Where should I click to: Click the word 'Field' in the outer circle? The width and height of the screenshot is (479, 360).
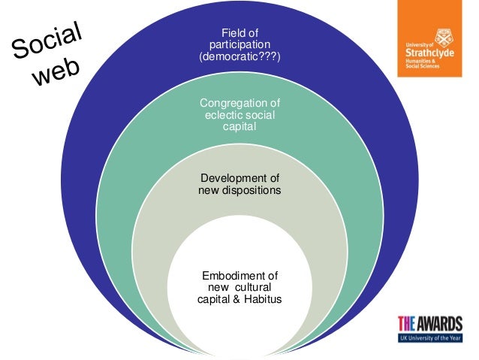click(229, 32)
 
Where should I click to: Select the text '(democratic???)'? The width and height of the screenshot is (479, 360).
click(239, 57)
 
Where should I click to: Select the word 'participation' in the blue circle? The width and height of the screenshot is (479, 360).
click(239, 45)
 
